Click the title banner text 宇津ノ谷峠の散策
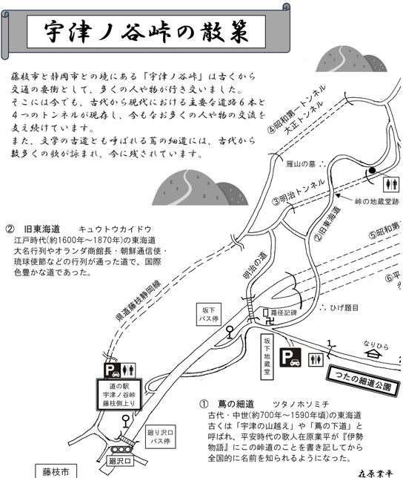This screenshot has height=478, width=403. [x=146, y=32]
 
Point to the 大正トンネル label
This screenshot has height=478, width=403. [x=304, y=118]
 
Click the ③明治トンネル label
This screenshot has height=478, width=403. [x=299, y=193]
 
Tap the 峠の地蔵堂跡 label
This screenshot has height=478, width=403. [x=377, y=201]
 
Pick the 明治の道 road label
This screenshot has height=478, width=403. [x=255, y=265]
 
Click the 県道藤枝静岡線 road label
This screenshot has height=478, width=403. [x=138, y=301]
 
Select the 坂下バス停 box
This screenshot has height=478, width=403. [x=209, y=314]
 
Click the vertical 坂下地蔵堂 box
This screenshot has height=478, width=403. [x=267, y=357]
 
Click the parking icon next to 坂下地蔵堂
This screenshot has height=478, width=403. [x=290, y=357]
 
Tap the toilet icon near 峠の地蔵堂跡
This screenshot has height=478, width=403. [x=391, y=184]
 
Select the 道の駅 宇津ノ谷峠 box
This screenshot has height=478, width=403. [x=119, y=394]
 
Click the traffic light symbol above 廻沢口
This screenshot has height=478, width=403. [x=121, y=450]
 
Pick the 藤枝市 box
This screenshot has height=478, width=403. [x=56, y=471]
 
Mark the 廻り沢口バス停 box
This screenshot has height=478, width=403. [x=160, y=436]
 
